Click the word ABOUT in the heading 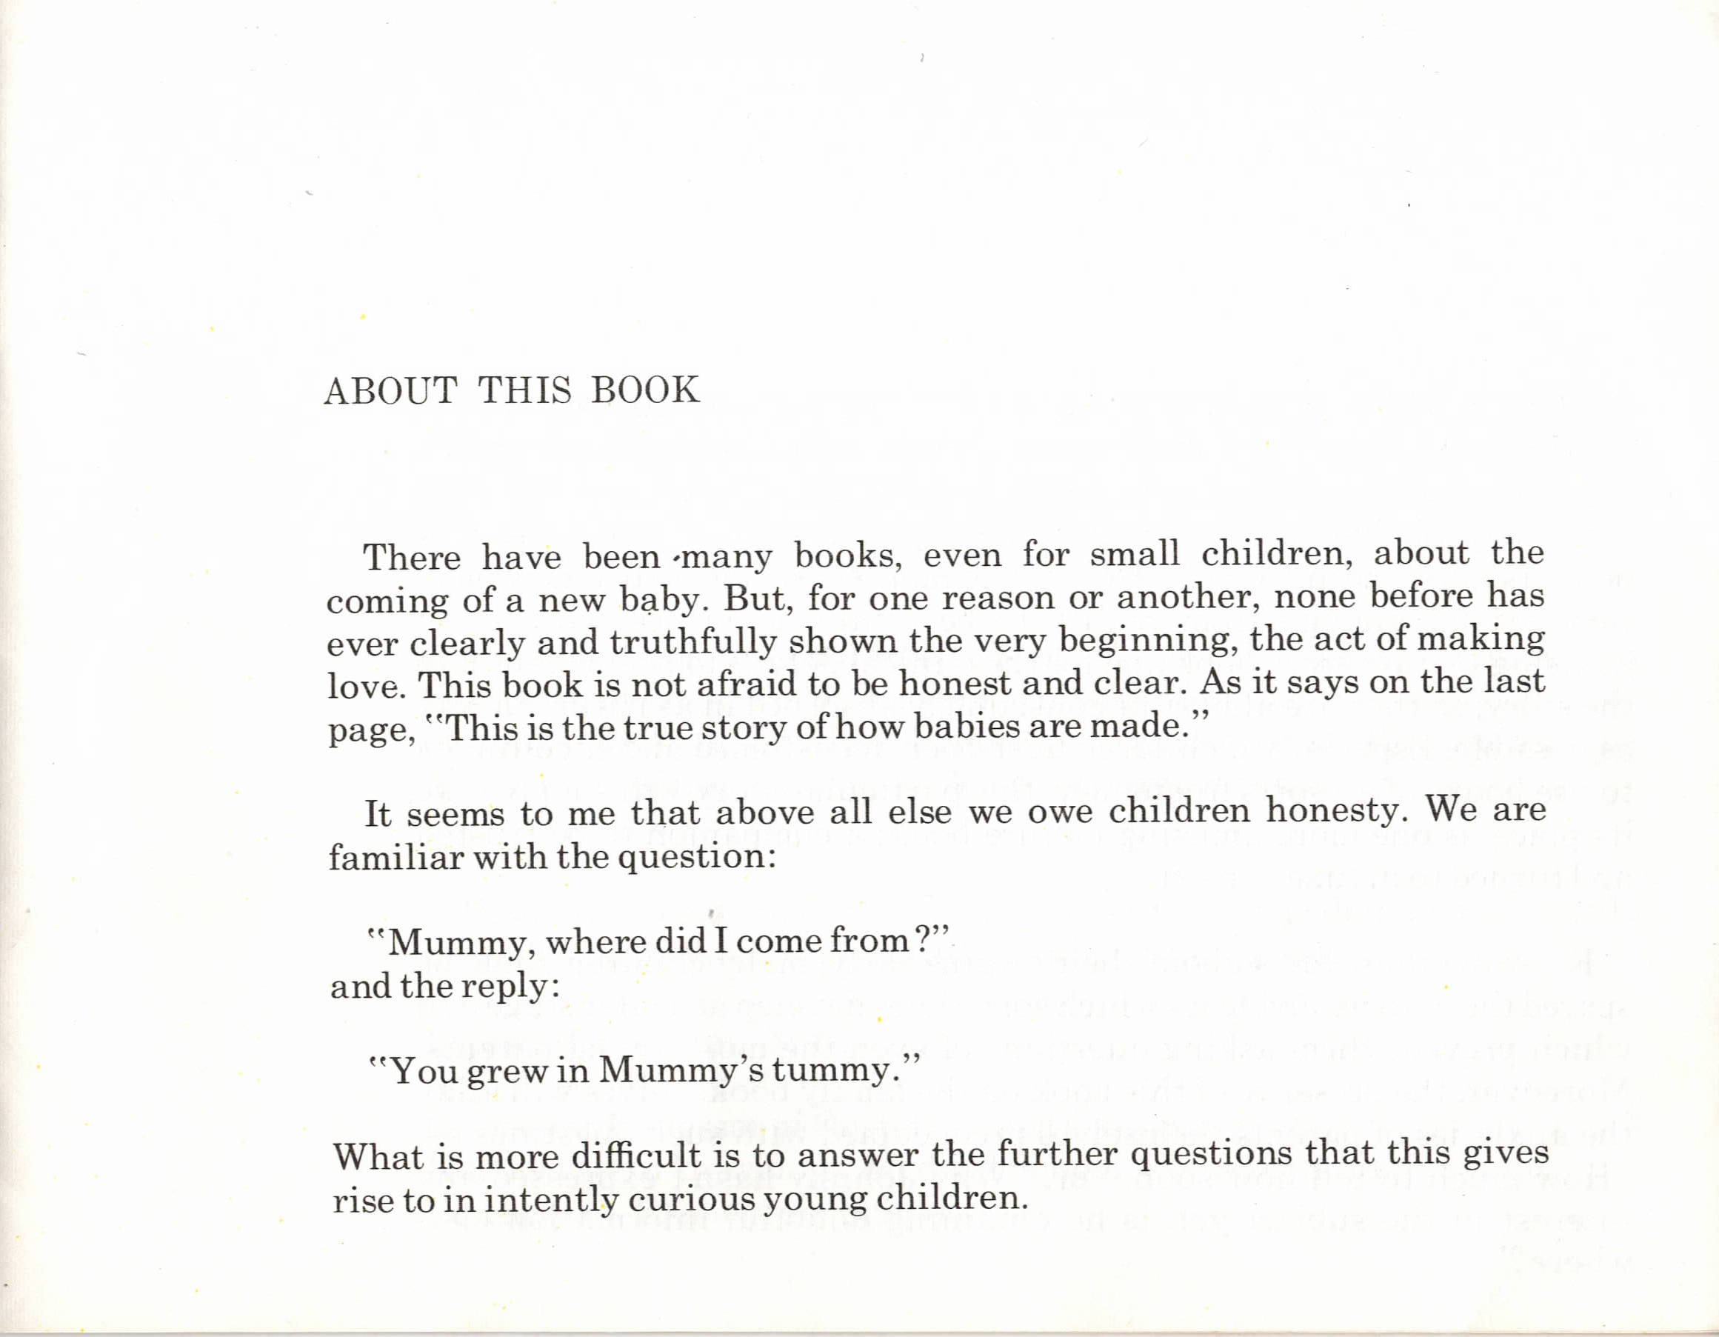point(390,390)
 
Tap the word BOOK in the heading point(644,390)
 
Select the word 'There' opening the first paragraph point(412,558)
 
